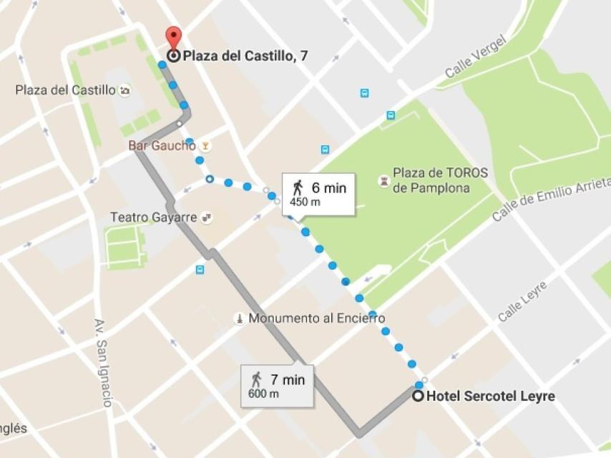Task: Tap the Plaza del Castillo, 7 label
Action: (x=245, y=56)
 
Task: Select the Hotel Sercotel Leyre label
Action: (x=490, y=396)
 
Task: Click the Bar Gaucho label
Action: (x=162, y=145)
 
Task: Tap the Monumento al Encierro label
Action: (x=316, y=318)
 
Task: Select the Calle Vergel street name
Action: (x=475, y=57)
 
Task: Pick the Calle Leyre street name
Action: (x=522, y=301)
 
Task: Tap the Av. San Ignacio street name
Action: (x=103, y=362)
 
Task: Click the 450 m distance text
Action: (x=305, y=203)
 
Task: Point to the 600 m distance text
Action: (x=263, y=394)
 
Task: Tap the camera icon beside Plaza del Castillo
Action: (x=125, y=91)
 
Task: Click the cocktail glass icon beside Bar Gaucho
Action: (x=206, y=146)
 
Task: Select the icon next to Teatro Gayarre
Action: (x=207, y=217)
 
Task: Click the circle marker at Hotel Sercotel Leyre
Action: (x=419, y=396)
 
